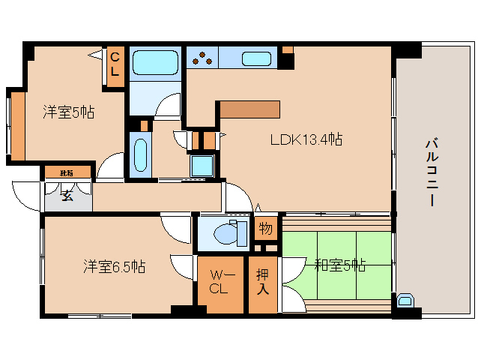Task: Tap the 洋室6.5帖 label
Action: pos(114,266)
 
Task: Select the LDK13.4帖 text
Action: pos(306,139)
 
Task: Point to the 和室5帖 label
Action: pos(339,265)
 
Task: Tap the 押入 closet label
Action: pos(263,280)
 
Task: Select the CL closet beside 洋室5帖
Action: pos(115,64)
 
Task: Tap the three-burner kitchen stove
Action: pos(203,58)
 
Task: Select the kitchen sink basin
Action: pos(257,58)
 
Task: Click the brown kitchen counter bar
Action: pos(249,109)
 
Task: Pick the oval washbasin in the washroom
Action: pos(139,154)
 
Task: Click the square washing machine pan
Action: pos(202,165)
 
